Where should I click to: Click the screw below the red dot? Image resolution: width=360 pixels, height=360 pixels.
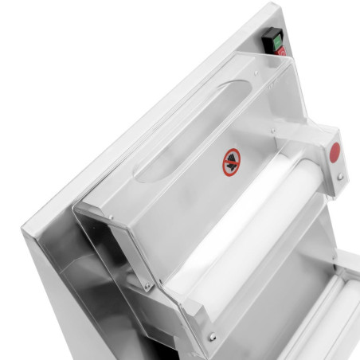(340, 176)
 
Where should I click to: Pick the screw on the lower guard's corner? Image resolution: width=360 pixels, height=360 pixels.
(212, 338)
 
